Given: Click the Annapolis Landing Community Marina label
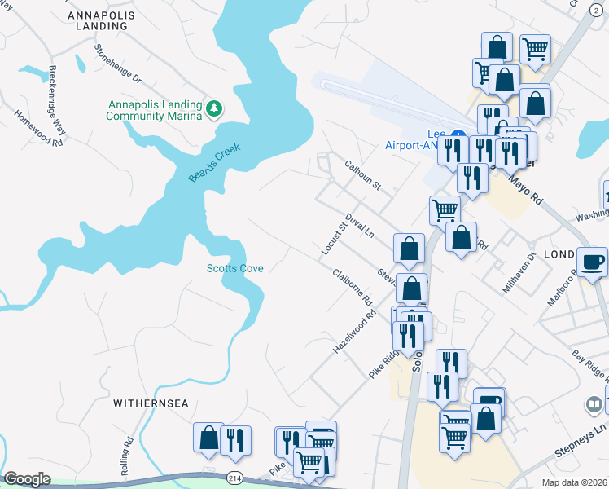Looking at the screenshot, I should (154, 110).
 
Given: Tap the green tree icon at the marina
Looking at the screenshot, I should (214, 108).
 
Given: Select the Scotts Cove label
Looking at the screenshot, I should (234, 268).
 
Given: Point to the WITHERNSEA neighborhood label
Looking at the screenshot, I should (151, 403).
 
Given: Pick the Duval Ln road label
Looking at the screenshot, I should (358, 224).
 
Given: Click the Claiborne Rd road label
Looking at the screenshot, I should (353, 286).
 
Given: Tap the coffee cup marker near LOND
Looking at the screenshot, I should (592, 262).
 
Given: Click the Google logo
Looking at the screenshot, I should (28, 479).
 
